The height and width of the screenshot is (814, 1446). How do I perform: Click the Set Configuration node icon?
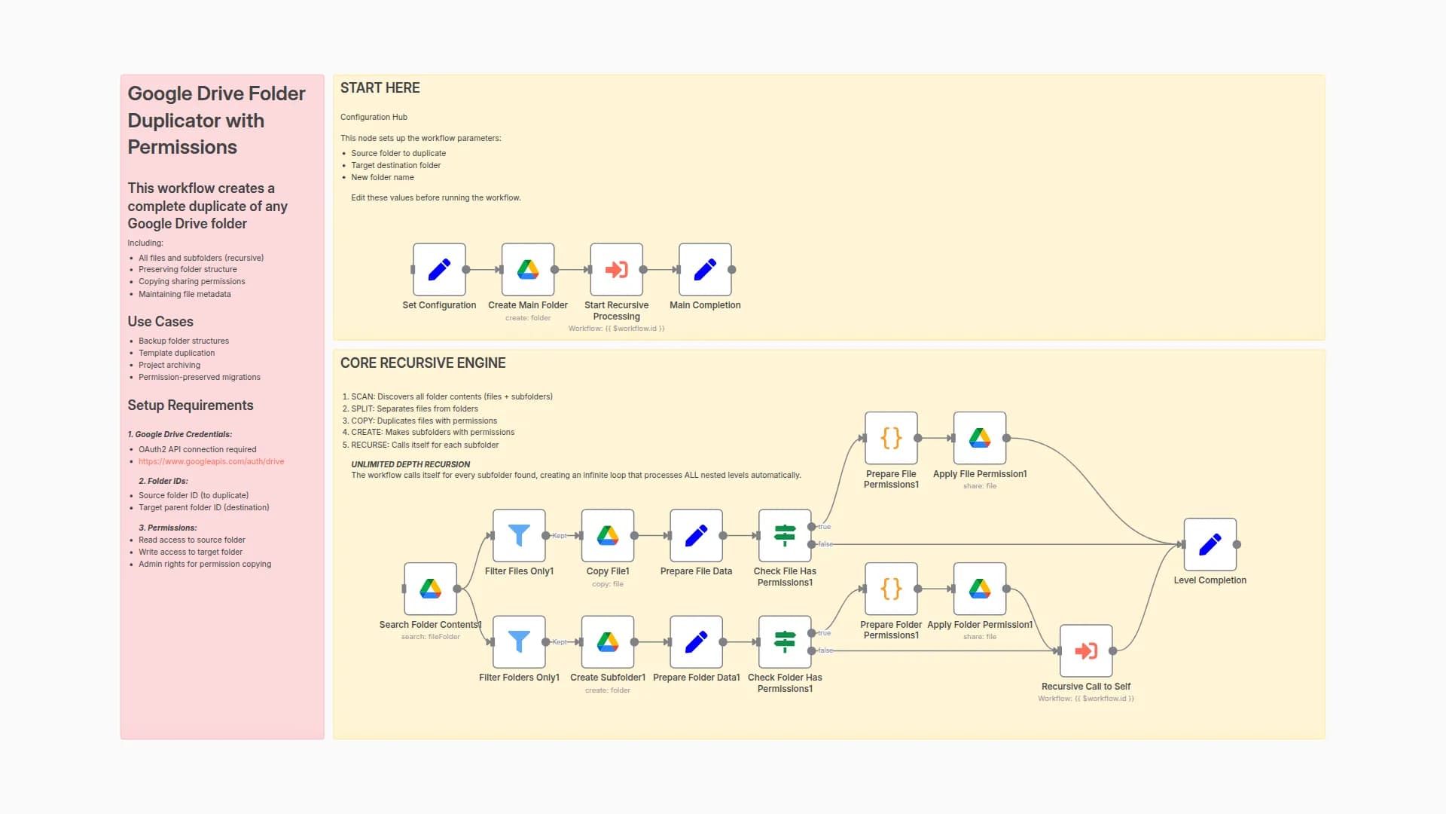439,269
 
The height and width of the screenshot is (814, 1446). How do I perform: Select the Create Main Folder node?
528,269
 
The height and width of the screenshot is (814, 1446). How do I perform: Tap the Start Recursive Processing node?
616,269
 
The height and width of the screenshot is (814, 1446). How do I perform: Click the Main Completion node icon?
705,269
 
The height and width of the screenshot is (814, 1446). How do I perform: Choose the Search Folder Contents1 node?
430,589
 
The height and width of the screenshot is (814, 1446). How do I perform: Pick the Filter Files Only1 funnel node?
519,535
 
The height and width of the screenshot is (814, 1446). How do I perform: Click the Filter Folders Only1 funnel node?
519,641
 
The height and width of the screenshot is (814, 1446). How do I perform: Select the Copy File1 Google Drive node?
608,535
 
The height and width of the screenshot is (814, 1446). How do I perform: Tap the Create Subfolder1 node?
608,641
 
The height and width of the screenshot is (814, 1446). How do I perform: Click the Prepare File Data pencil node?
696,535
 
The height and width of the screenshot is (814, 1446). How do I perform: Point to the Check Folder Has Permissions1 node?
785,641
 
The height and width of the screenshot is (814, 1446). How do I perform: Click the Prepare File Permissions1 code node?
891,438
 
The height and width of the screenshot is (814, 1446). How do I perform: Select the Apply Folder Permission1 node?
980,589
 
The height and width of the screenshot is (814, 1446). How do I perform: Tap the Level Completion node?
1210,544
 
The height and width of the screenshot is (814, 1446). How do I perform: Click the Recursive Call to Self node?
1086,650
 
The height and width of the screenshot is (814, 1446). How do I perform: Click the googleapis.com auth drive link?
211,461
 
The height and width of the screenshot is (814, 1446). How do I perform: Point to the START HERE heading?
380,88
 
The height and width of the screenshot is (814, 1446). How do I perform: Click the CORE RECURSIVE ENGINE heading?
423,363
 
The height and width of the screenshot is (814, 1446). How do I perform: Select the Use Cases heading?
160,322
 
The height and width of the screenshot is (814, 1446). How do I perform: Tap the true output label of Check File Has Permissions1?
825,527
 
